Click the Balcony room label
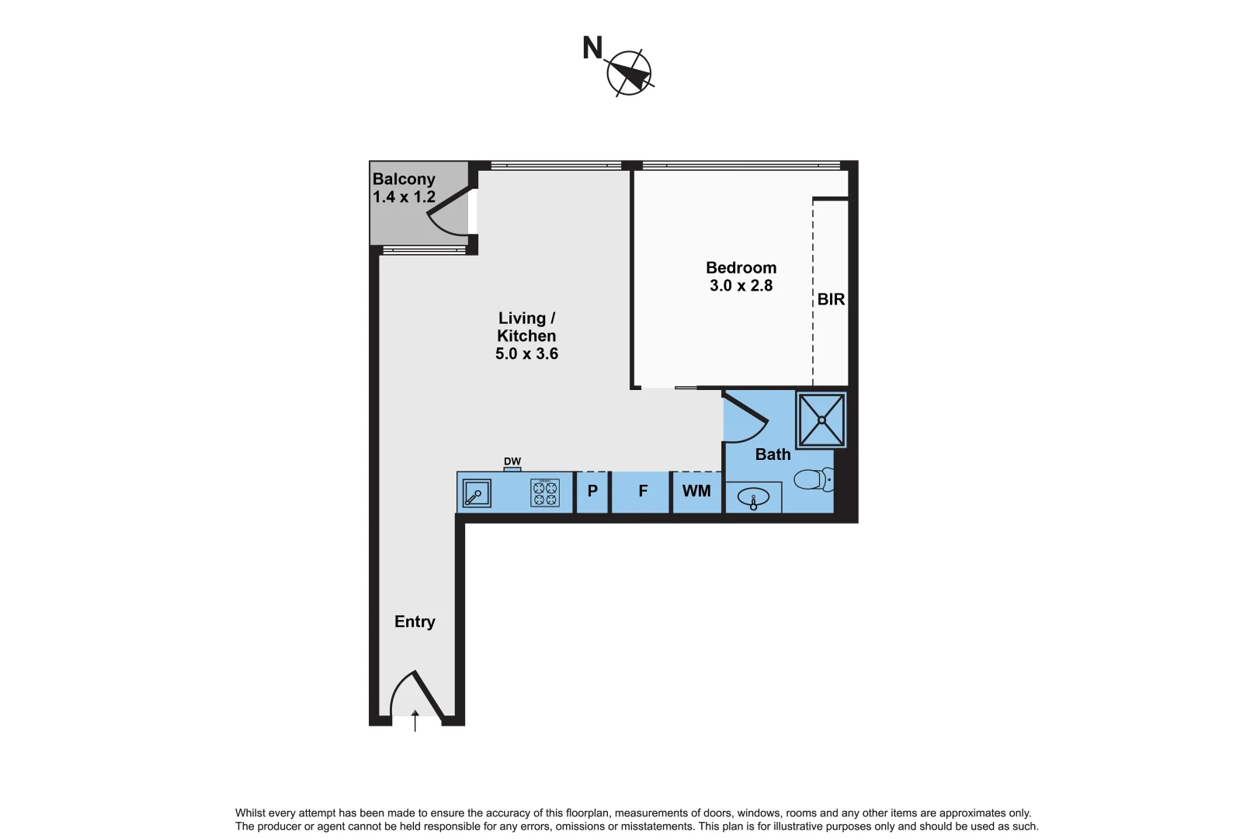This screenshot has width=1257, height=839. (x=404, y=179)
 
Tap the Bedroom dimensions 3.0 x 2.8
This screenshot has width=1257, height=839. (x=741, y=286)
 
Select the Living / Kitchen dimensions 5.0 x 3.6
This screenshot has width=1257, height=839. (x=526, y=354)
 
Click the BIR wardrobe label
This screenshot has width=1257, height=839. (x=831, y=300)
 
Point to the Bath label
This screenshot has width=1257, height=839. (x=773, y=454)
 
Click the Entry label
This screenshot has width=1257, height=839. (x=415, y=621)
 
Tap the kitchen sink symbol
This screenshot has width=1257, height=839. (x=476, y=493)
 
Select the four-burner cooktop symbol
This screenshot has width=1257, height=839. (x=545, y=493)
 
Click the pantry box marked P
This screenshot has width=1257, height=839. (x=592, y=492)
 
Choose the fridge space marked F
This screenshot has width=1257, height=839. (x=643, y=492)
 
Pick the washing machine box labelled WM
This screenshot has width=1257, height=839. (x=696, y=492)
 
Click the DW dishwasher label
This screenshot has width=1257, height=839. (x=512, y=461)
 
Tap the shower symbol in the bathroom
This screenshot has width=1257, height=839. (x=821, y=420)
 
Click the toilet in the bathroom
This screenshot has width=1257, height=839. (x=814, y=480)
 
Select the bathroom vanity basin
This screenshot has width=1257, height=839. (x=753, y=497)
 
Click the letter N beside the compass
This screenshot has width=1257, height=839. (x=592, y=48)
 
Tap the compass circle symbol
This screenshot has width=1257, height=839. (x=629, y=73)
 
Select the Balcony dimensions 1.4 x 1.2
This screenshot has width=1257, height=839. (x=404, y=197)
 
